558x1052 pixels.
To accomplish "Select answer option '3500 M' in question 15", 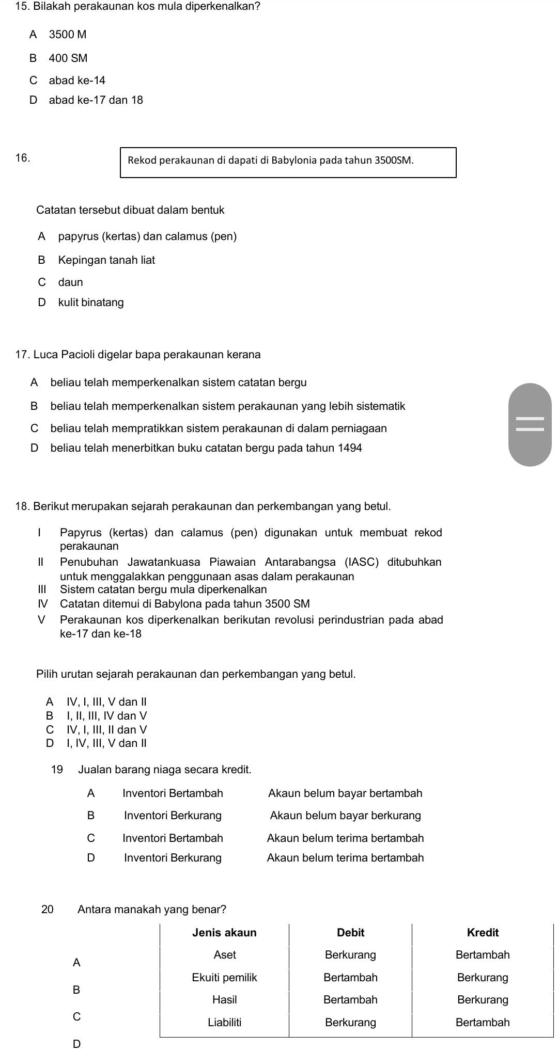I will [x=67, y=35].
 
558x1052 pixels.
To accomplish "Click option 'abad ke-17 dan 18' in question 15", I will [x=96, y=100].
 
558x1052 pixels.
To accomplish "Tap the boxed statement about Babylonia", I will [x=288, y=162].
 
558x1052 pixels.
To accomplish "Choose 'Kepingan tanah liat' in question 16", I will [x=106, y=260].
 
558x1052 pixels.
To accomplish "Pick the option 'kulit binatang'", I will [x=91, y=302].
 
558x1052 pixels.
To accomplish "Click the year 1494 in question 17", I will [x=350, y=448].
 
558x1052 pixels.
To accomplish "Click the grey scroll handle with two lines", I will [x=530, y=425].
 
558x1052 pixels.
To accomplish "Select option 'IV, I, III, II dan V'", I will [x=106, y=729].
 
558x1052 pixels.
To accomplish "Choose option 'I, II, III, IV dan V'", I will [x=106, y=715].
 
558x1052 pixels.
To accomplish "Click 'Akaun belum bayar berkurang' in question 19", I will [x=345, y=816].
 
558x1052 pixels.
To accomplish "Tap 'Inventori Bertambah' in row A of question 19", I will [x=173, y=793].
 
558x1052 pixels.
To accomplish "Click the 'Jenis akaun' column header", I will [x=224, y=932].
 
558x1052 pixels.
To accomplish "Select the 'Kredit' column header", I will [x=483, y=932].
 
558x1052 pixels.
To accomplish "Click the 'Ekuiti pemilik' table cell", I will [x=224, y=977].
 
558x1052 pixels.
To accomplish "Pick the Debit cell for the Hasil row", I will [x=350, y=999].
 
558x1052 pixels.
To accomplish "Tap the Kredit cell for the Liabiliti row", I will [x=483, y=1022].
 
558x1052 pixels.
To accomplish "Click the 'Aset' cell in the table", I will [x=224, y=954].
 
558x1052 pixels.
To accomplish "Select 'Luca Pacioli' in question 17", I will [x=63, y=355].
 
